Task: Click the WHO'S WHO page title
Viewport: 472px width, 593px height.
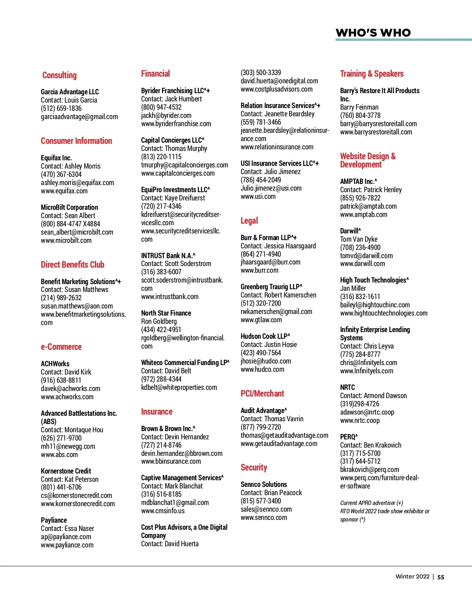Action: coord(373,33)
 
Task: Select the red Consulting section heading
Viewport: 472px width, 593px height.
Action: coord(59,75)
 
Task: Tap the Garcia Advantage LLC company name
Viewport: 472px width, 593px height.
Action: coord(70,92)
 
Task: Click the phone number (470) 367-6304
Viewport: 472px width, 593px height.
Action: coord(61,174)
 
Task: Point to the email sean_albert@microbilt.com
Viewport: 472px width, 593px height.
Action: coord(77,232)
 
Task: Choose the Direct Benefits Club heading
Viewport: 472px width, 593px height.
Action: coord(72,265)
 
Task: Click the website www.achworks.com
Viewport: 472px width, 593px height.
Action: coord(67,397)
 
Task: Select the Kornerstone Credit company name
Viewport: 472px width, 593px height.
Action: coord(66,471)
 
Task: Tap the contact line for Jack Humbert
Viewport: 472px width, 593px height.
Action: coord(171,99)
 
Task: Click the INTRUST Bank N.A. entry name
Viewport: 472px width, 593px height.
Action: coord(168,256)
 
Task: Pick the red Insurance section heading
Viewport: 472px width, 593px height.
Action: coord(157,412)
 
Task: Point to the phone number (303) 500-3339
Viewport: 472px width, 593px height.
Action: coord(261,73)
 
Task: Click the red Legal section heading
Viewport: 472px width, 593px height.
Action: coord(249,221)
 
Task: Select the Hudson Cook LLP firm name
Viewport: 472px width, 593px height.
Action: coord(265,336)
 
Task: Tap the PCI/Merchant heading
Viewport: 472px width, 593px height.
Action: coord(262,394)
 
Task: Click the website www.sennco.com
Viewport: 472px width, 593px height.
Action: coord(264,518)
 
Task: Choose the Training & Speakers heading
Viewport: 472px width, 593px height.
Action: coord(371,74)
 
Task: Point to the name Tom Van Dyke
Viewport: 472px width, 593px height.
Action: coord(358,239)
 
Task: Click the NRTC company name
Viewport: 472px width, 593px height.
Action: coord(347,387)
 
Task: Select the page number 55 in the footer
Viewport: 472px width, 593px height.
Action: coord(441,577)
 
